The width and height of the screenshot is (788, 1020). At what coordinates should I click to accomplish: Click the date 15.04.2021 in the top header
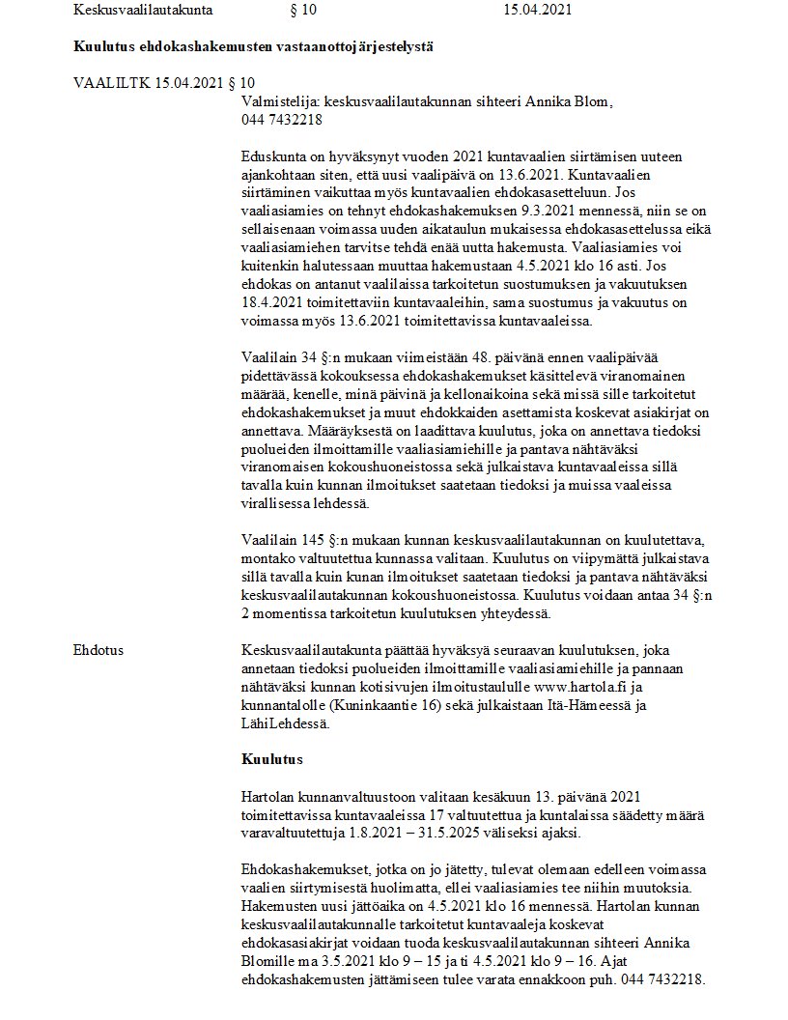[538, 11]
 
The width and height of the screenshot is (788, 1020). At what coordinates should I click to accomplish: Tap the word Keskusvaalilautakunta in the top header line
[142, 11]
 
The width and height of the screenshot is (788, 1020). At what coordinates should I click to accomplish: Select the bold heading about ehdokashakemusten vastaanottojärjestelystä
[250, 46]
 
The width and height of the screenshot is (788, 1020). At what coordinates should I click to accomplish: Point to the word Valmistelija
[280, 101]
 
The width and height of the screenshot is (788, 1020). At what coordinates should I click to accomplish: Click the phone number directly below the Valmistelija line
[282, 120]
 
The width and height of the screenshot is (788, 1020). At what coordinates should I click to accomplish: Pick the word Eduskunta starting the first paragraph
[275, 156]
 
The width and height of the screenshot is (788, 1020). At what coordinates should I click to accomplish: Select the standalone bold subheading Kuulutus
[272, 759]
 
